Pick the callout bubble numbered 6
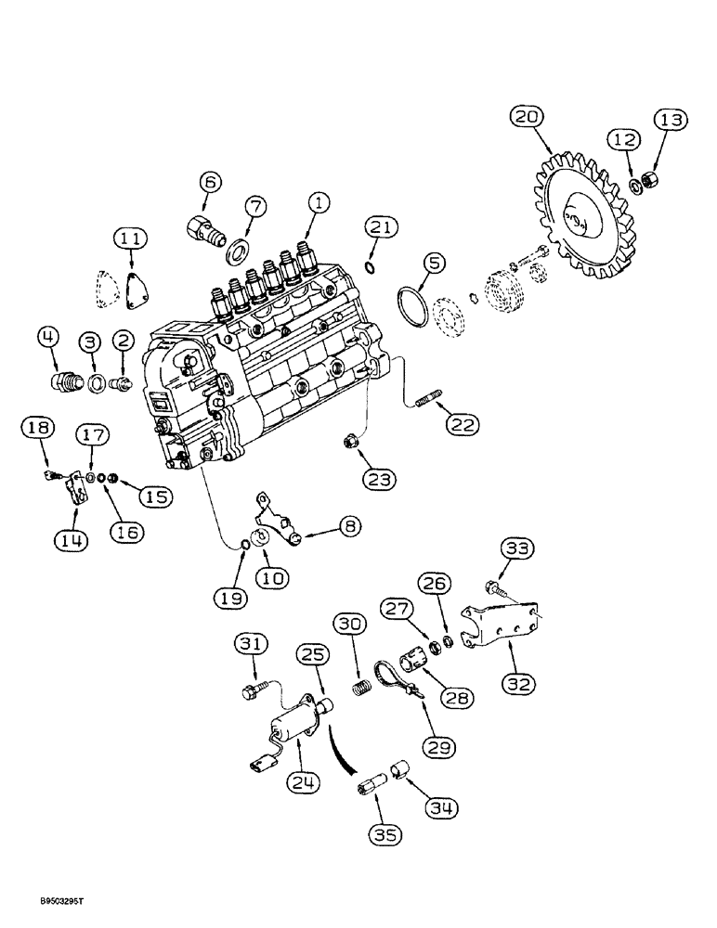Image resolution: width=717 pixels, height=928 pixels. pos(210,183)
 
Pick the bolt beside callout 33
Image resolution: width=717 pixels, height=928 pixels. pos(493,587)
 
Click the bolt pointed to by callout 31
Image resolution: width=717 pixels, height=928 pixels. pos(251,690)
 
